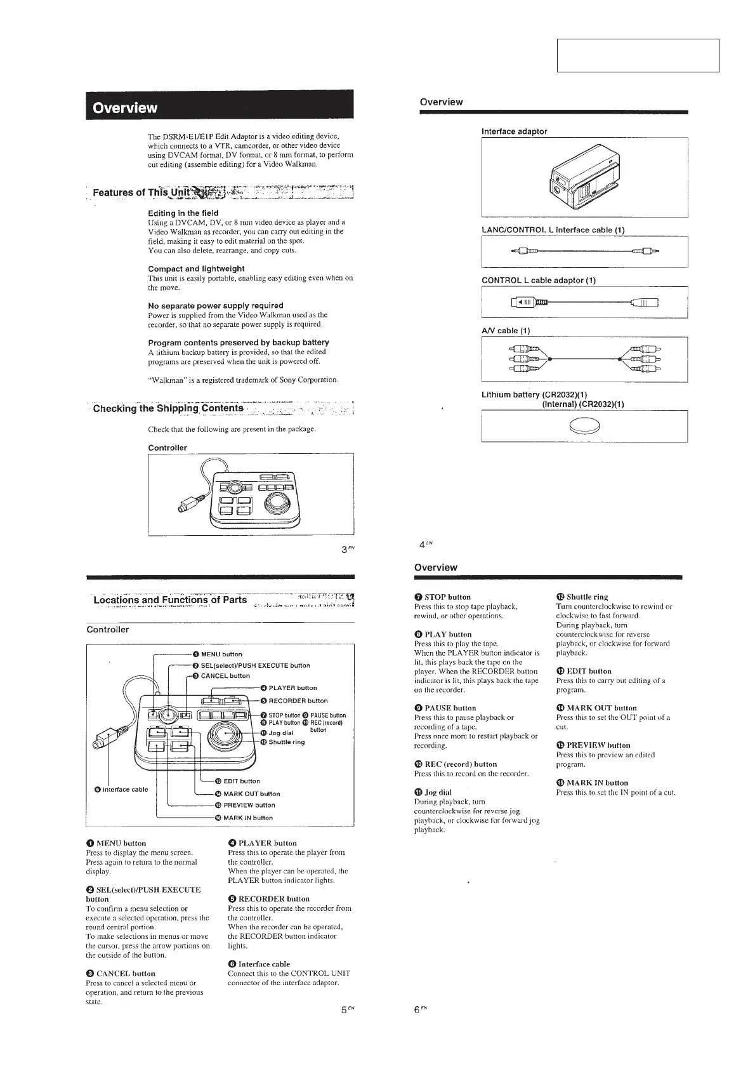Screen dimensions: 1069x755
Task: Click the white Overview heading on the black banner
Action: pyautogui.click(x=125, y=107)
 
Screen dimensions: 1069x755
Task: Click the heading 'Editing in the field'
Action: pyautogui.click(x=183, y=213)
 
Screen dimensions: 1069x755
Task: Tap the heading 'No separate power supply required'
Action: pyautogui.click(x=215, y=306)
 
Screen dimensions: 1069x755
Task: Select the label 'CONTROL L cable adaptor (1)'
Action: pyautogui.click(x=539, y=281)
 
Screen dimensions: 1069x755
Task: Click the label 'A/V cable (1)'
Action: pyautogui.click(x=506, y=331)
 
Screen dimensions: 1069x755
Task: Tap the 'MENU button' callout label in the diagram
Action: pyautogui.click(x=221, y=654)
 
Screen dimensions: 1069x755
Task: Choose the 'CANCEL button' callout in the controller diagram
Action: pyautogui.click(x=225, y=676)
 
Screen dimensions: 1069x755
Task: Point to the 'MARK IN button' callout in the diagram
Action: pyautogui.click(x=247, y=818)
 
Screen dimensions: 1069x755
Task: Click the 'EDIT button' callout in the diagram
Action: pyautogui.click(x=241, y=781)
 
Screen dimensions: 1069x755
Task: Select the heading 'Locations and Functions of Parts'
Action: pyautogui.click(x=170, y=601)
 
